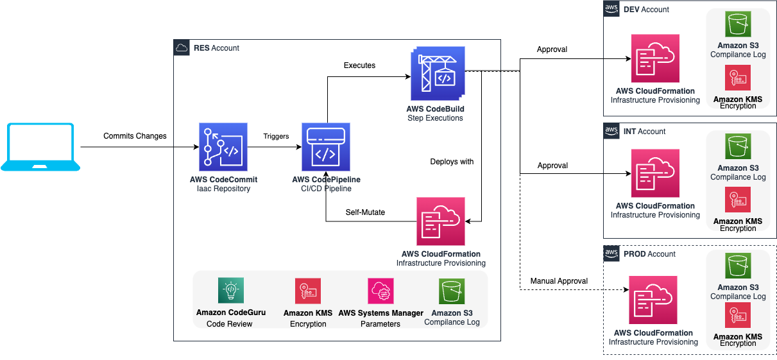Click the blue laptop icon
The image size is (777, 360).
coord(40,147)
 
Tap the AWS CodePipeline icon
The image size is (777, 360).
coord(326,147)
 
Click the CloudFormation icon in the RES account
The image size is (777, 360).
coord(441,221)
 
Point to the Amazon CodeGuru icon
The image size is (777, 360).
coord(230,291)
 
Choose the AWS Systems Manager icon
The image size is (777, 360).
coord(380,291)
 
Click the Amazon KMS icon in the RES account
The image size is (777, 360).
coord(308,291)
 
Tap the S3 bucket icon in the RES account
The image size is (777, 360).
coord(452,291)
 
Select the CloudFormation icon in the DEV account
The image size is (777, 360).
coord(655,58)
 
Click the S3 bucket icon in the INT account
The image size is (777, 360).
coord(738,146)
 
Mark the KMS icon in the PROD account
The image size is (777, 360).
coord(738,315)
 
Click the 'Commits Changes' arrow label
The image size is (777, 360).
coord(135,136)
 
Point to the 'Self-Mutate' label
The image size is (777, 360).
coord(365,212)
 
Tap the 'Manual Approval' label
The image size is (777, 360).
coord(559,281)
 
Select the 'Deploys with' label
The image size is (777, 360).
coord(452,162)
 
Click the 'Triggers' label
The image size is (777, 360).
coord(276,136)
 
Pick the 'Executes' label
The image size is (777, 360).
coord(359,65)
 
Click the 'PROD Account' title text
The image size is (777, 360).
coord(649,254)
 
